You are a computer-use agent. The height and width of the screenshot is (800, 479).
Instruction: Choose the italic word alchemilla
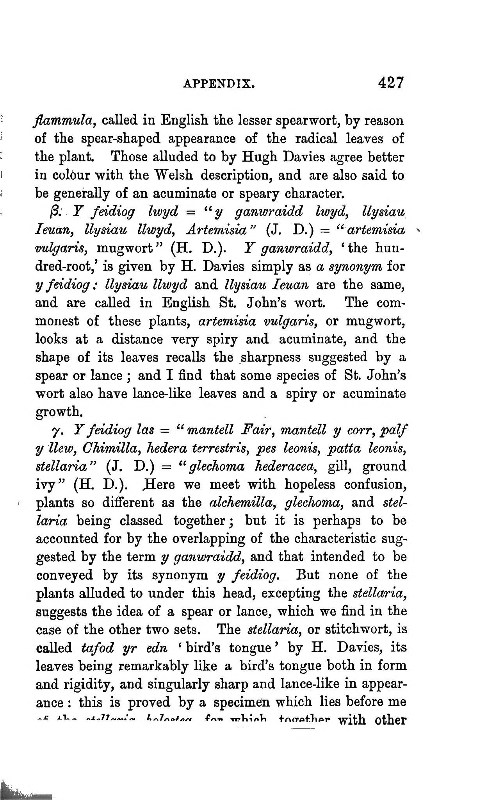[x=240, y=502]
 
